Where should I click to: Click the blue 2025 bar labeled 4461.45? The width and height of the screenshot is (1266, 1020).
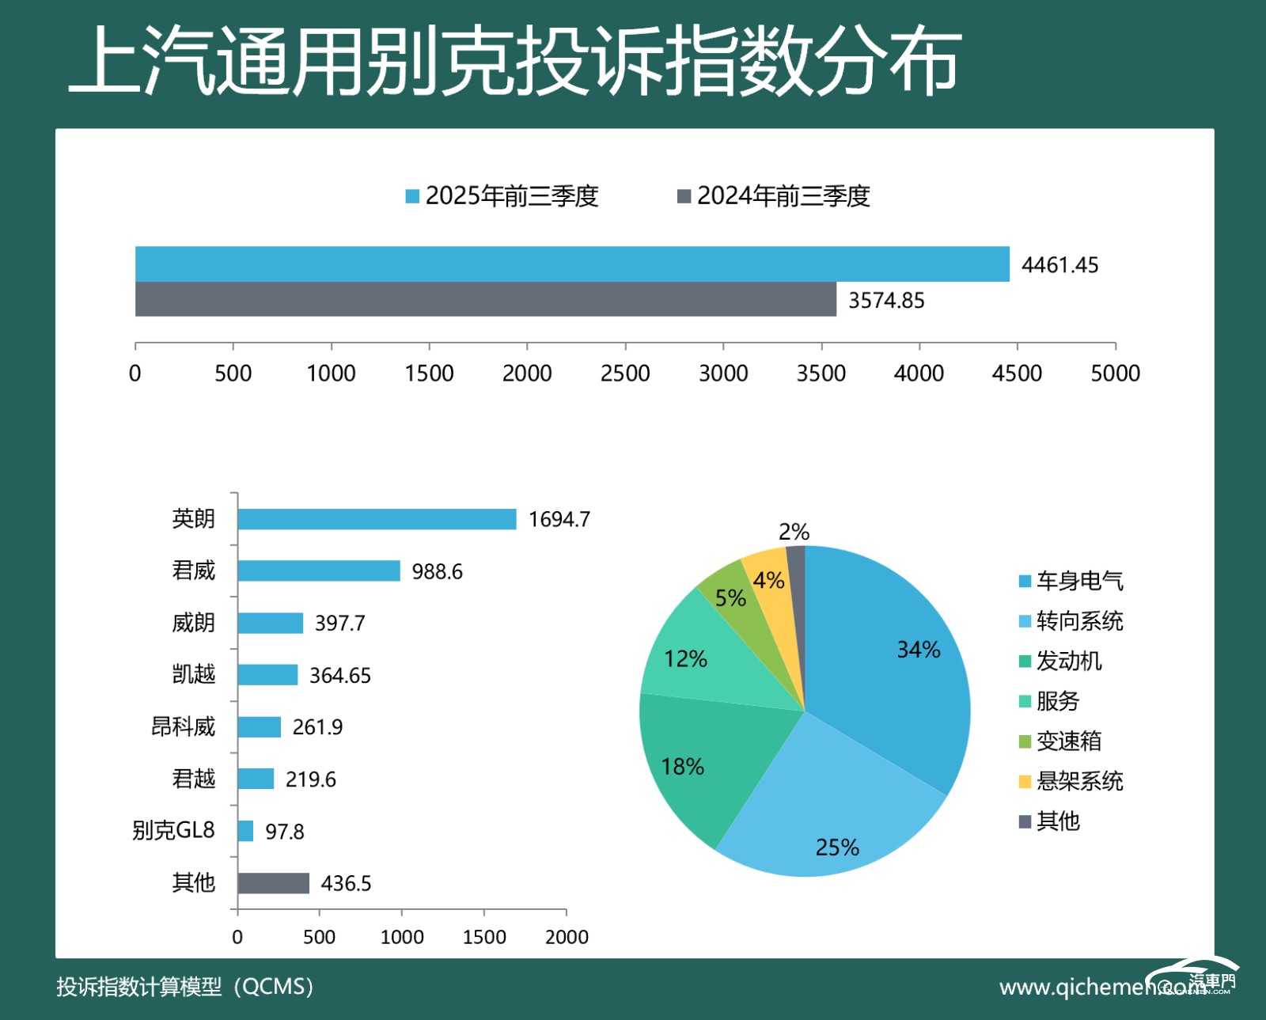click(572, 264)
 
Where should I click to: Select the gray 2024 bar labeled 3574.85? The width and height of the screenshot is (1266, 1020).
click(486, 299)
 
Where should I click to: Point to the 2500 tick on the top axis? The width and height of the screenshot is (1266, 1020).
click(625, 373)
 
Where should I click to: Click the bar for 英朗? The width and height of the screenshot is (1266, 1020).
click(377, 519)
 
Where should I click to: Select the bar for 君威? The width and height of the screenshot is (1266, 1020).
click(319, 571)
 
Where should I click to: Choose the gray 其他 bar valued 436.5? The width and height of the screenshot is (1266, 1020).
click(273, 883)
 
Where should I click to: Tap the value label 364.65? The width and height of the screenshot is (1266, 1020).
click(339, 675)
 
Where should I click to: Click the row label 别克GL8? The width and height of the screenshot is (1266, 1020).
click(173, 830)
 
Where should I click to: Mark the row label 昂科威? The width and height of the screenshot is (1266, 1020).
click(183, 726)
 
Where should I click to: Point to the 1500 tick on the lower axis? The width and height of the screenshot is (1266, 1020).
click(484, 937)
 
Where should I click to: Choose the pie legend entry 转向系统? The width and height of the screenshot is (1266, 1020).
click(1079, 621)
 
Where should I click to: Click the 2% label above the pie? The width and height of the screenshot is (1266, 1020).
click(794, 532)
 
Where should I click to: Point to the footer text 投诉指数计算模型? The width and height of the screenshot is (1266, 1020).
click(139, 987)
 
